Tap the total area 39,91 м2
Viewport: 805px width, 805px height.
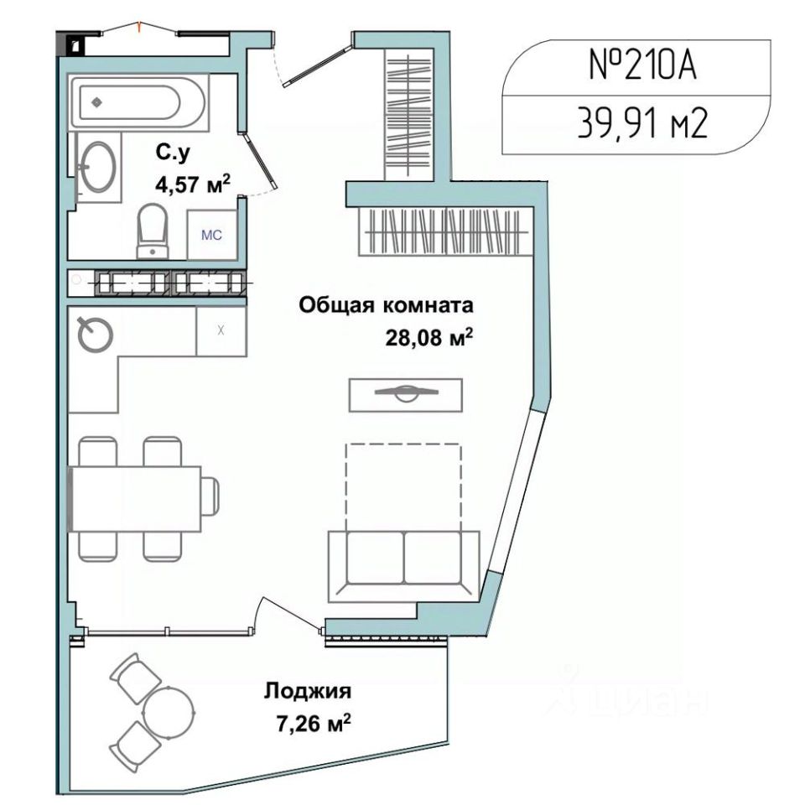pos(643,123)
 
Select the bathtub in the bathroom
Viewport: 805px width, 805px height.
pos(138,101)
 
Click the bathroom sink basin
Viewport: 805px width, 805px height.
pos(98,167)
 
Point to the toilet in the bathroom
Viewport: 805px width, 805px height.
pos(153,231)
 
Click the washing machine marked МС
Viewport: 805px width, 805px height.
pos(211,235)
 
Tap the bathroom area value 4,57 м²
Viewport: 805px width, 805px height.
pos(193,184)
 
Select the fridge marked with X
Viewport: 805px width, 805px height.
pos(221,330)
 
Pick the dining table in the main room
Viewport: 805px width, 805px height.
pos(134,498)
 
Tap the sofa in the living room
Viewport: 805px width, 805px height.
pos(403,566)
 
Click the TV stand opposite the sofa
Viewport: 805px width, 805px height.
pos(406,395)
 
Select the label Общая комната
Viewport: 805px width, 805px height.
pos(386,305)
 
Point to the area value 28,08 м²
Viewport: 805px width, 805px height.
pos(428,338)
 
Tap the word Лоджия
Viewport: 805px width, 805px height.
pos(308,691)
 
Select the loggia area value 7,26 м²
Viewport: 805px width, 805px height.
pos(314,724)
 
